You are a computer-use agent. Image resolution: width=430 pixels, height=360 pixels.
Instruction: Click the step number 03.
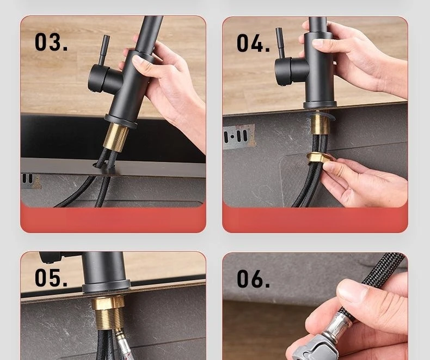[x=51, y=42]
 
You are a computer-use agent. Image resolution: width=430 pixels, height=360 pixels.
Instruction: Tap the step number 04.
[x=253, y=43]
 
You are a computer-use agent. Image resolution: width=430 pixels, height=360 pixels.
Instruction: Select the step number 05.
[x=51, y=278]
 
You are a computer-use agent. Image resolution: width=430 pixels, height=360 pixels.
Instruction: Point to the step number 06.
[x=253, y=278]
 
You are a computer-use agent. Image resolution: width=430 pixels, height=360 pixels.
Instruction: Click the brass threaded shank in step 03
[x=116, y=137]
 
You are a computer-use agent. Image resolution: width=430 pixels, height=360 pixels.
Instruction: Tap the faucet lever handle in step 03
[x=105, y=50]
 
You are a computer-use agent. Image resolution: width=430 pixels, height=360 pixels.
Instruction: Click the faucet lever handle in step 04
[x=280, y=42]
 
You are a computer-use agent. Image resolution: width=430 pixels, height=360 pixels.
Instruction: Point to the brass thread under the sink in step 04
[x=319, y=124]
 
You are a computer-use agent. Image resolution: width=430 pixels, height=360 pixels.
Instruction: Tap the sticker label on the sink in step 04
[x=239, y=136]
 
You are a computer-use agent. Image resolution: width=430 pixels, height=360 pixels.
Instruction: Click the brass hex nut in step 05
[x=108, y=302]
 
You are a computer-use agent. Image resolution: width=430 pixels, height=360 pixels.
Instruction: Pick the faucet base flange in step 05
[x=106, y=286]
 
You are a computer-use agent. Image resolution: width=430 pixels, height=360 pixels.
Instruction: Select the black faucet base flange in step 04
[x=320, y=105]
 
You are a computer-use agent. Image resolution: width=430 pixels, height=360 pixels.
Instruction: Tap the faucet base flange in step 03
[x=121, y=122]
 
